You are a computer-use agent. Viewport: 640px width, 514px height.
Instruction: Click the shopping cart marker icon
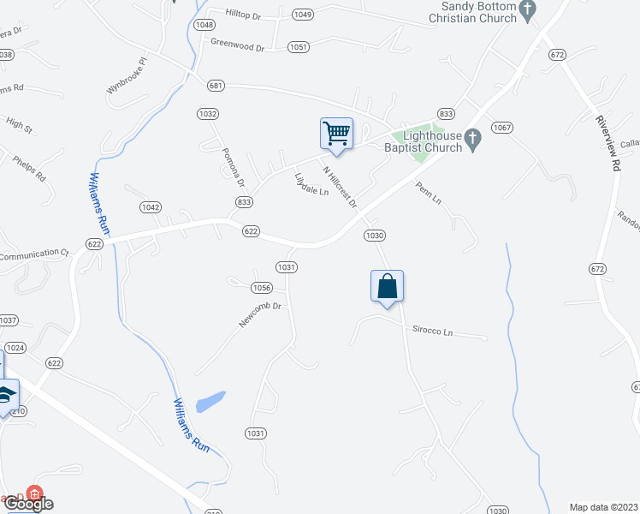coord(336,134)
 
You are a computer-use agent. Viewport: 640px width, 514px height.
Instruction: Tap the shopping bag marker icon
coord(387,286)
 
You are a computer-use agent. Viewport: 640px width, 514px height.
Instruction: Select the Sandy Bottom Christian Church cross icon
coord(528,11)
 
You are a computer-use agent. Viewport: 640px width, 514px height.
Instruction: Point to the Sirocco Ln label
coord(432,330)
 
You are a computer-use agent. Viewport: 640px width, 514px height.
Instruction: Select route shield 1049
coord(302,15)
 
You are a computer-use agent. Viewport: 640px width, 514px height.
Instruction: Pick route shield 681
coord(216,84)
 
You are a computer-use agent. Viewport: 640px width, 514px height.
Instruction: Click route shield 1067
coord(501,128)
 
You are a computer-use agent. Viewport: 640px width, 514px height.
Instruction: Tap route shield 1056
coord(262,288)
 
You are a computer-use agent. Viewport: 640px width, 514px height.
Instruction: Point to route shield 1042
coord(151,207)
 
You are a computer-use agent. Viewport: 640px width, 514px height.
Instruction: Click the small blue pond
coord(210,401)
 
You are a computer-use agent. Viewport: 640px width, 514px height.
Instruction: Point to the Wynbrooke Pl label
coord(127,76)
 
